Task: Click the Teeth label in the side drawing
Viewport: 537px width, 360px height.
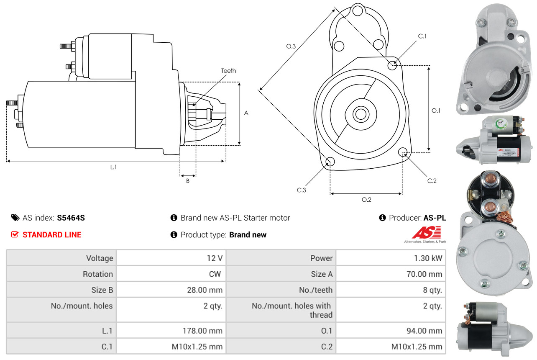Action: (x=228, y=71)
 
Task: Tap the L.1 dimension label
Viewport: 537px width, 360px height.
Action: (x=113, y=167)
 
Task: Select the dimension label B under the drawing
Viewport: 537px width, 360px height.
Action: (x=188, y=181)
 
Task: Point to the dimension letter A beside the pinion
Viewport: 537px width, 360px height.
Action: (x=246, y=113)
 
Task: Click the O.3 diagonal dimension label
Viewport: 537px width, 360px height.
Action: (x=291, y=46)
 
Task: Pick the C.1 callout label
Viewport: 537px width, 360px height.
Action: (x=422, y=36)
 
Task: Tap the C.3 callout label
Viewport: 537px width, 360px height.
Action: (x=302, y=190)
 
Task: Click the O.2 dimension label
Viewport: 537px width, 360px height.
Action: (x=366, y=200)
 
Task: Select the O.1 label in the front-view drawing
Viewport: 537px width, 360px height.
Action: (x=436, y=111)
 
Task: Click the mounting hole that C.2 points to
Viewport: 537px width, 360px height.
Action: (x=403, y=152)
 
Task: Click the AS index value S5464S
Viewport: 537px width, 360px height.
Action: (x=71, y=218)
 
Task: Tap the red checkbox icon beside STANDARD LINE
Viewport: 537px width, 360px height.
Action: (x=15, y=234)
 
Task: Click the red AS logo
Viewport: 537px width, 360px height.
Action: (x=427, y=232)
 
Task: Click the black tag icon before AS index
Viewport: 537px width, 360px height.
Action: (x=15, y=218)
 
